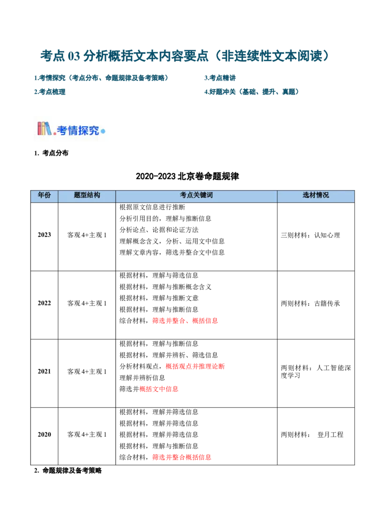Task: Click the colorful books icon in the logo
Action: point(45,128)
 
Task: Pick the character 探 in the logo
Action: point(84,131)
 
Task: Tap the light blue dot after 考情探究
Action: point(103,132)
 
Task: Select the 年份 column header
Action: point(44,195)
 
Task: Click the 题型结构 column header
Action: point(87,195)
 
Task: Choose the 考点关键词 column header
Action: point(196,195)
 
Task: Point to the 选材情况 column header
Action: point(315,195)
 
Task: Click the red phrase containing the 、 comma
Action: point(186,321)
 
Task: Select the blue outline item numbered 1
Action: point(101,78)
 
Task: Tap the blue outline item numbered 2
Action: point(220,78)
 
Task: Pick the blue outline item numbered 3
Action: point(51,92)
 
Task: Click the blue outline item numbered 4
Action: point(251,92)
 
